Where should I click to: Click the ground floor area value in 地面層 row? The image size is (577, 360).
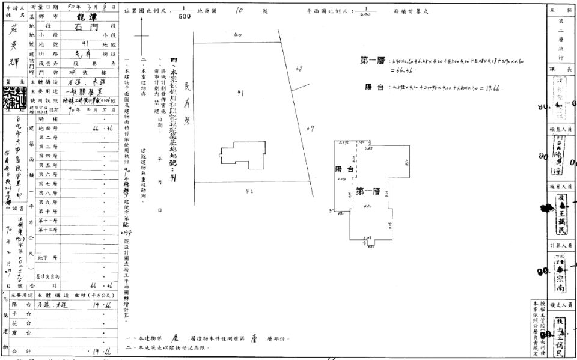100,129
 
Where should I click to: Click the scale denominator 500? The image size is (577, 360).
183,16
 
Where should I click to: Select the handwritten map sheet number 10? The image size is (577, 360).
239,11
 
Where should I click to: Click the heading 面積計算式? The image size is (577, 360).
411,11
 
